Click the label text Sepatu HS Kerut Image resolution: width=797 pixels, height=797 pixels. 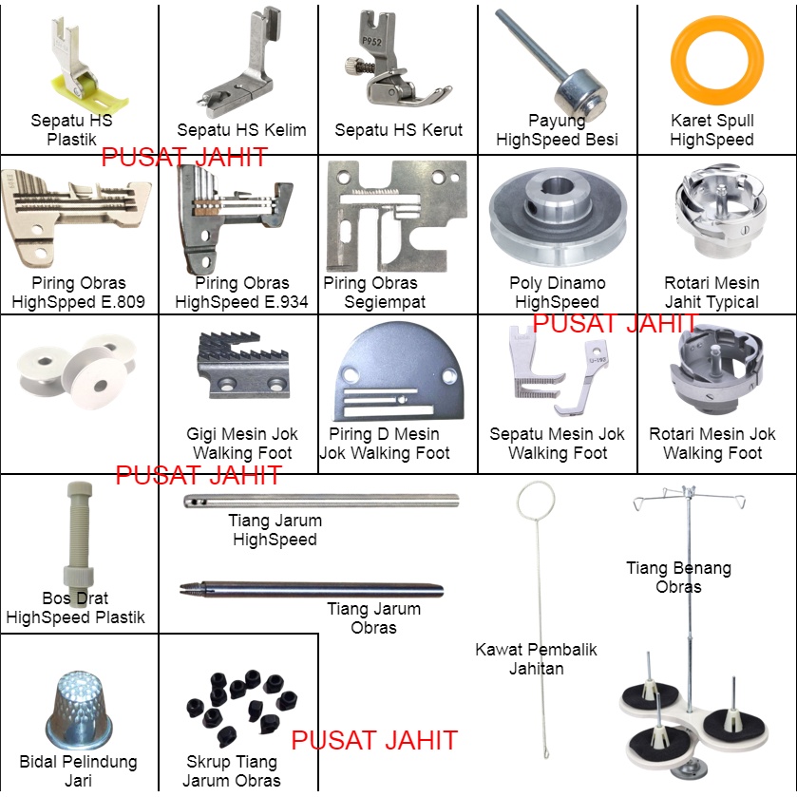tap(398, 129)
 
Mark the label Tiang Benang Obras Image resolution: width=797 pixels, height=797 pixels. tap(678, 577)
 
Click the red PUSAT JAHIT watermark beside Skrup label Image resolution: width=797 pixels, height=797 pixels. tap(374, 740)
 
